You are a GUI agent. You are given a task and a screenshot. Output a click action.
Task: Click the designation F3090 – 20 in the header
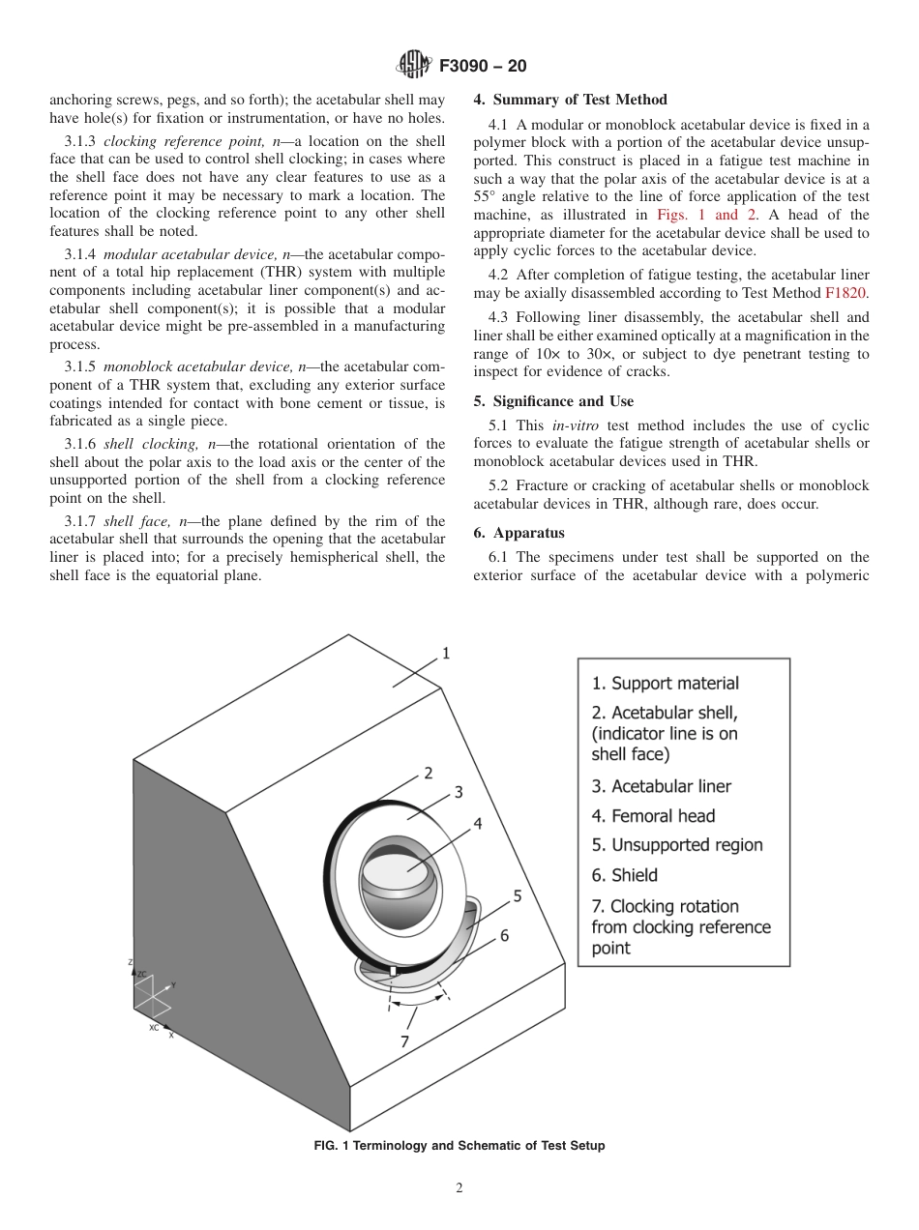[x=483, y=67]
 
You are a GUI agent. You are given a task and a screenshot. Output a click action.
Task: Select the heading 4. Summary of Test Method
[x=570, y=100]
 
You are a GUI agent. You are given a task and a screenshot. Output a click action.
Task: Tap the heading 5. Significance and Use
[x=553, y=401]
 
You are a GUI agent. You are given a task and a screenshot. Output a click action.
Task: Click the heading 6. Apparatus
[x=519, y=533]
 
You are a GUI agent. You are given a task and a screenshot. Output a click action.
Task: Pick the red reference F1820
[x=846, y=291]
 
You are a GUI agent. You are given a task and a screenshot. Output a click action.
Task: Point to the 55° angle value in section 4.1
[x=487, y=197]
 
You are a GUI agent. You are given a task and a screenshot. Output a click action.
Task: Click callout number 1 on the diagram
[x=446, y=654]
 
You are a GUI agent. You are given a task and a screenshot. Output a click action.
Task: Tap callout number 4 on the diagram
[x=477, y=824]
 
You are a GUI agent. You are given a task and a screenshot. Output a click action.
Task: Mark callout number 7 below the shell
[x=404, y=1041]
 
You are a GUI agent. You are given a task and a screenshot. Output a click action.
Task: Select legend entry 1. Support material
[x=665, y=684]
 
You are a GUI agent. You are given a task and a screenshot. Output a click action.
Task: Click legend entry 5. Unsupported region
[x=676, y=845]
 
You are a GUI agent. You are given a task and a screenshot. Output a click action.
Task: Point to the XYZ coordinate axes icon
[x=153, y=996]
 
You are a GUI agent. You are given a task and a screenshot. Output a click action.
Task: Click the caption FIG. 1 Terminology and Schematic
[x=459, y=1146]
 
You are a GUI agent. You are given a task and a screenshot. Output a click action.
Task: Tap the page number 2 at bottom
[x=459, y=1188]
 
